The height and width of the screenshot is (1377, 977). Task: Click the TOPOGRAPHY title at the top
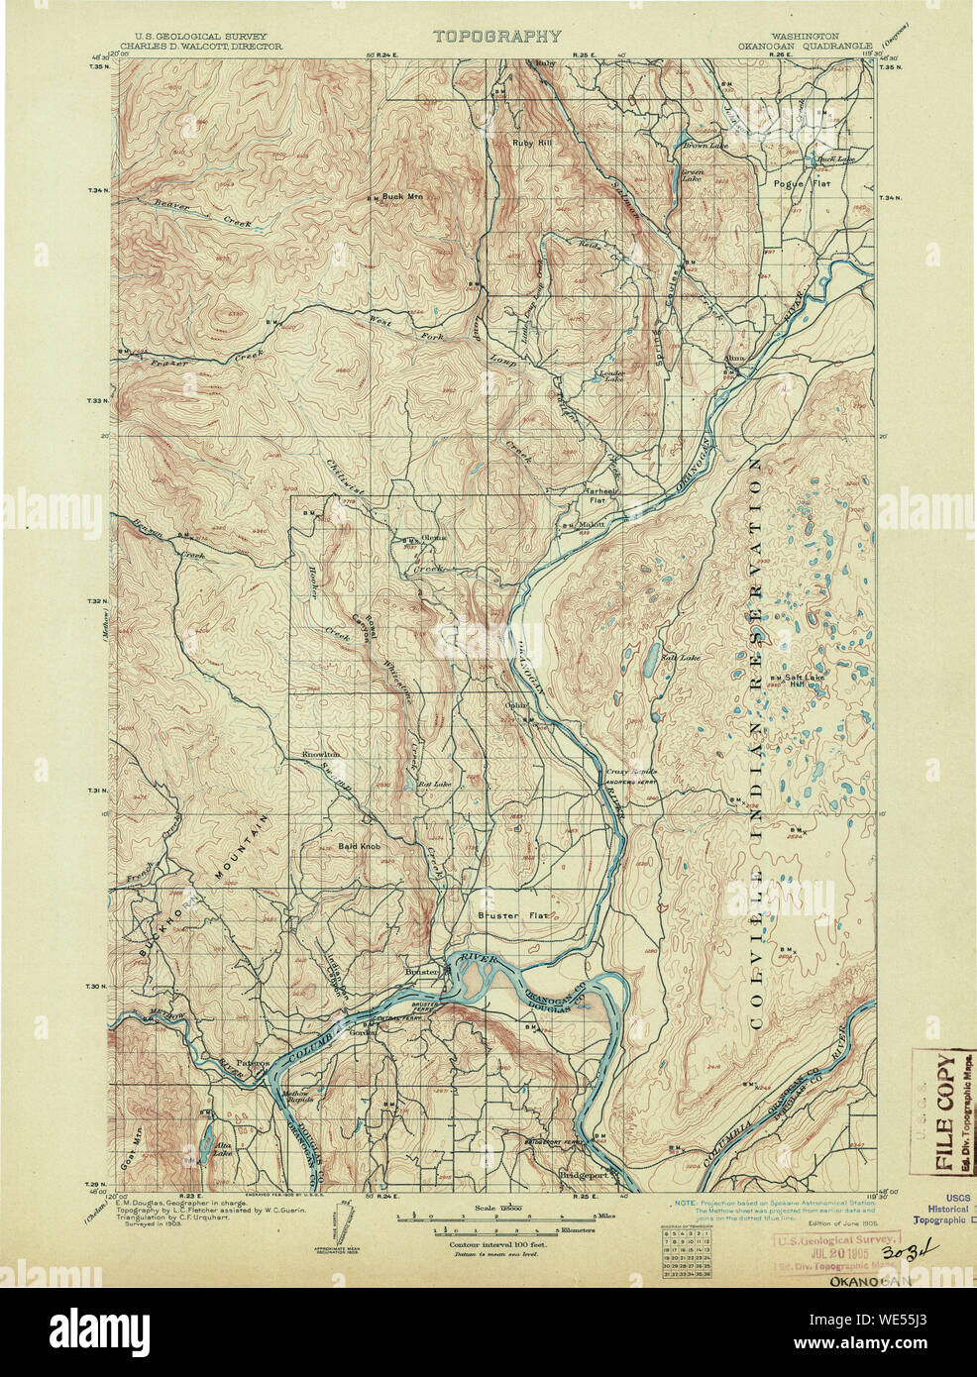[x=496, y=37]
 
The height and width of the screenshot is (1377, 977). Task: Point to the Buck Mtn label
[x=403, y=196]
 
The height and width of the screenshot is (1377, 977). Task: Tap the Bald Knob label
[x=359, y=846]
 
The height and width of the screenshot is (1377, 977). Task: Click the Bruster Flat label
[x=511, y=915]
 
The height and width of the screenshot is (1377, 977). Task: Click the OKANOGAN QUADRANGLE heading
[x=803, y=46]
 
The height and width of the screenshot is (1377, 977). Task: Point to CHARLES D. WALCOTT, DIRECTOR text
[x=201, y=46]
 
